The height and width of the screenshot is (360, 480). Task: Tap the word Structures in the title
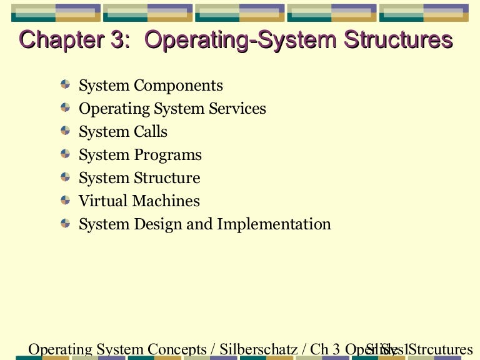pyautogui.click(x=397, y=41)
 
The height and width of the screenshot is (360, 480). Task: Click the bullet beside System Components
pyautogui.click(x=66, y=84)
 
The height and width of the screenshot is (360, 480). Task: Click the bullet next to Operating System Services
pyautogui.click(x=66, y=107)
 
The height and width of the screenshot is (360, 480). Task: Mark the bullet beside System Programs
pyautogui.click(x=66, y=153)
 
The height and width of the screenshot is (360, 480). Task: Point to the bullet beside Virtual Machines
pyautogui.click(x=66, y=199)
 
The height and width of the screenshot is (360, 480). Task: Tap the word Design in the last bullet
pyautogui.click(x=158, y=224)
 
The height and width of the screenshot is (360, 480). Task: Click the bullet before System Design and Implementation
pyautogui.click(x=66, y=222)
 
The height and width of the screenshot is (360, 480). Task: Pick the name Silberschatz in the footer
pyautogui.click(x=259, y=349)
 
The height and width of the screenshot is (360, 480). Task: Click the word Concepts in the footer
pyautogui.click(x=177, y=349)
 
